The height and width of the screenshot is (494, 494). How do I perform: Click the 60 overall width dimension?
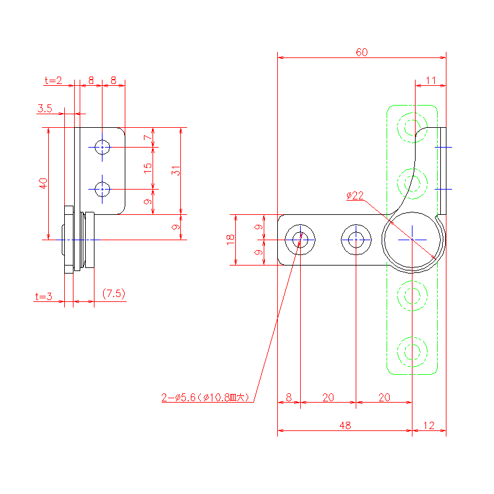tap(361, 52)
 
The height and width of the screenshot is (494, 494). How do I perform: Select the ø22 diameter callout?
tap(355, 196)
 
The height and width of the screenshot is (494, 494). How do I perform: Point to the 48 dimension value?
tap(345, 425)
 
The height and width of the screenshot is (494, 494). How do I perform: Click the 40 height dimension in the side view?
tap(43, 183)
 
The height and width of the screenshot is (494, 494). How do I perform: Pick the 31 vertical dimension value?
tap(176, 171)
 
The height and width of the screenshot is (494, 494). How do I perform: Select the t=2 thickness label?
tap(54, 80)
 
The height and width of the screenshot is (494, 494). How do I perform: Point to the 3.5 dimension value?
tap(44, 109)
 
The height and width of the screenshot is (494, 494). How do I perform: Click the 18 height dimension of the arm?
tap(231, 240)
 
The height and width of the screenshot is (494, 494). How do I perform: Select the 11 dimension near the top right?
tap(430, 80)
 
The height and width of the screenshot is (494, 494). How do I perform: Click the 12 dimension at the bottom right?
tap(429, 425)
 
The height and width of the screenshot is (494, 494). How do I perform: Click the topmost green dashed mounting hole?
tap(412, 128)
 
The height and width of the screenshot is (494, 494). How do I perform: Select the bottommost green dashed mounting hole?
tap(412, 351)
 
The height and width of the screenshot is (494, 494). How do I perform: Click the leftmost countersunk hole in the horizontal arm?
tap(300, 240)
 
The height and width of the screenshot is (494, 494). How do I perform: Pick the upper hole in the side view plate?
tap(103, 147)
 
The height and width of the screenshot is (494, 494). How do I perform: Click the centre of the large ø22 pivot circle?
tap(412, 240)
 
